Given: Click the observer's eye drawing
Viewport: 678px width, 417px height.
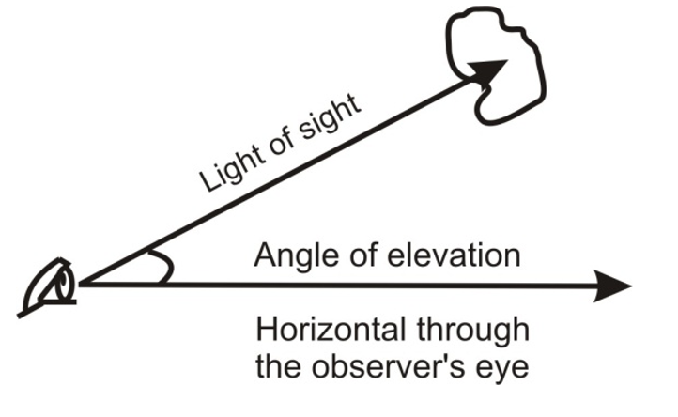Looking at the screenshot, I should coord(51,286).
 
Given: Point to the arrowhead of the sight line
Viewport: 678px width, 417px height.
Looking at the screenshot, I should coord(487,72).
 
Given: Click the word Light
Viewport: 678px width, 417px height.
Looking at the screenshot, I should coord(223,169).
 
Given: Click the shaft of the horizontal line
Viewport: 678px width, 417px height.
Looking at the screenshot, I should coord(376,285).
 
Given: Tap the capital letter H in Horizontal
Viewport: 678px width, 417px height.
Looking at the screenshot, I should coord(265,330).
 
